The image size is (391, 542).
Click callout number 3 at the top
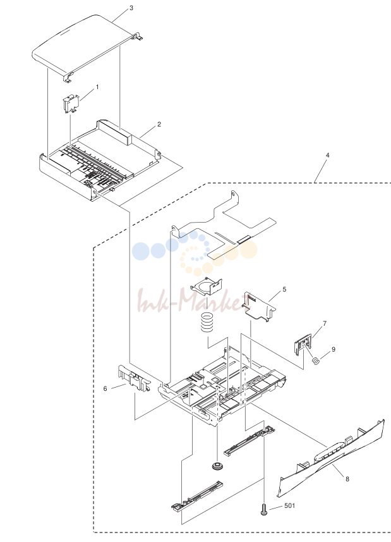click(131, 8)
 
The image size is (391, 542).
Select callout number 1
click(97, 87)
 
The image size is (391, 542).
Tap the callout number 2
click(159, 124)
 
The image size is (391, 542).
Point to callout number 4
click(327, 155)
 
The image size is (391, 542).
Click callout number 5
click(284, 289)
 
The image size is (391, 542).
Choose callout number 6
click(105, 388)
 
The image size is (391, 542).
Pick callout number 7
click(325, 324)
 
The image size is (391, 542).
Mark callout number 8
click(347, 479)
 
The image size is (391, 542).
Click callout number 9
click(334, 350)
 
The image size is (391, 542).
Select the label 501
click(289, 506)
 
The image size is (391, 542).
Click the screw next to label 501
click(264, 510)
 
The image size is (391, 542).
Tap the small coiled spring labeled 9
click(315, 360)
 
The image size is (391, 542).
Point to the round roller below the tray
click(217, 465)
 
